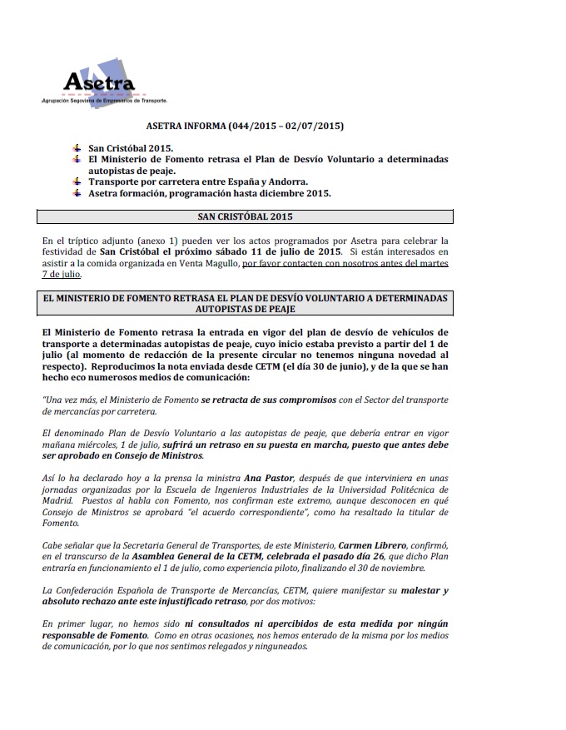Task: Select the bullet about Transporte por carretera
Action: tap(198, 181)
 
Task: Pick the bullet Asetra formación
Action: tap(210, 193)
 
